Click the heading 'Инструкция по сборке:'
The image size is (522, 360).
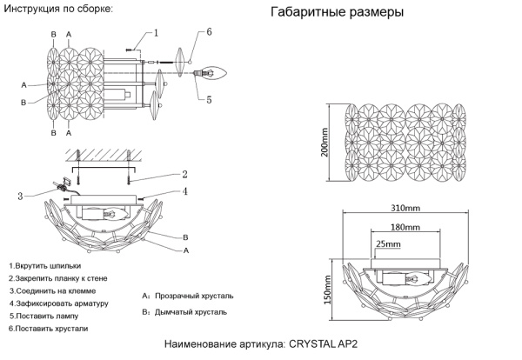(58, 8)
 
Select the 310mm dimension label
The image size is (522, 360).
(405, 210)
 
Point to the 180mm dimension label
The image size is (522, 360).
(405, 228)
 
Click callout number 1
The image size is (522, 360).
(156, 34)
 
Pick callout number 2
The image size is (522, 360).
(184, 174)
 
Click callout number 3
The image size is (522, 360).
(20, 196)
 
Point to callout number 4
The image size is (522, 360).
(184, 191)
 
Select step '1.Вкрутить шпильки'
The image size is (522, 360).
(45, 264)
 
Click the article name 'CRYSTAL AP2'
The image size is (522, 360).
(322, 345)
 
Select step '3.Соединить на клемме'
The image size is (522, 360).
(52, 290)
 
